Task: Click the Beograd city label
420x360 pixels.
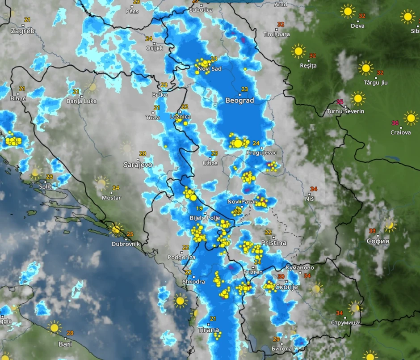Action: click(x=240, y=101)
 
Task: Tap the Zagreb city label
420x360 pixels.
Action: click(x=23, y=31)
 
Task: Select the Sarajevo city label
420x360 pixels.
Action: click(x=138, y=165)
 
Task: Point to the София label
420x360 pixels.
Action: click(x=378, y=241)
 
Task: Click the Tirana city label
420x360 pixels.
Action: click(x=208, y=330)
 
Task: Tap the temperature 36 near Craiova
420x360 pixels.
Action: click(x=395, y=123)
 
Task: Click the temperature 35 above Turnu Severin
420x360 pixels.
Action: click(x=340, y=102)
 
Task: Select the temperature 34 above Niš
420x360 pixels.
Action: click(x=314, y=189)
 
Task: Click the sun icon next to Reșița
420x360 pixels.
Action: click(x=298, y=51)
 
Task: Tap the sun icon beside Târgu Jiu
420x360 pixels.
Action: click(x=365, y=68)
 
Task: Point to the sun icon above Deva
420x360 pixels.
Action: click(x=348, y=11)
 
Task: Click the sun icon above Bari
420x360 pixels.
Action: click(x=55, y=328)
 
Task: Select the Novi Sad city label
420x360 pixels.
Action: click(x=210, y=69)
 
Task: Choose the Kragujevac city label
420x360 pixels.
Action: click(x=262, y=153)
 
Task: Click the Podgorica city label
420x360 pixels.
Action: click(x=181, y=257)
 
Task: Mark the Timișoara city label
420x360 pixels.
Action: click(x=276, y=34)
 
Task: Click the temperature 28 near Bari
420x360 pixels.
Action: click(x=70, y=333)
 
